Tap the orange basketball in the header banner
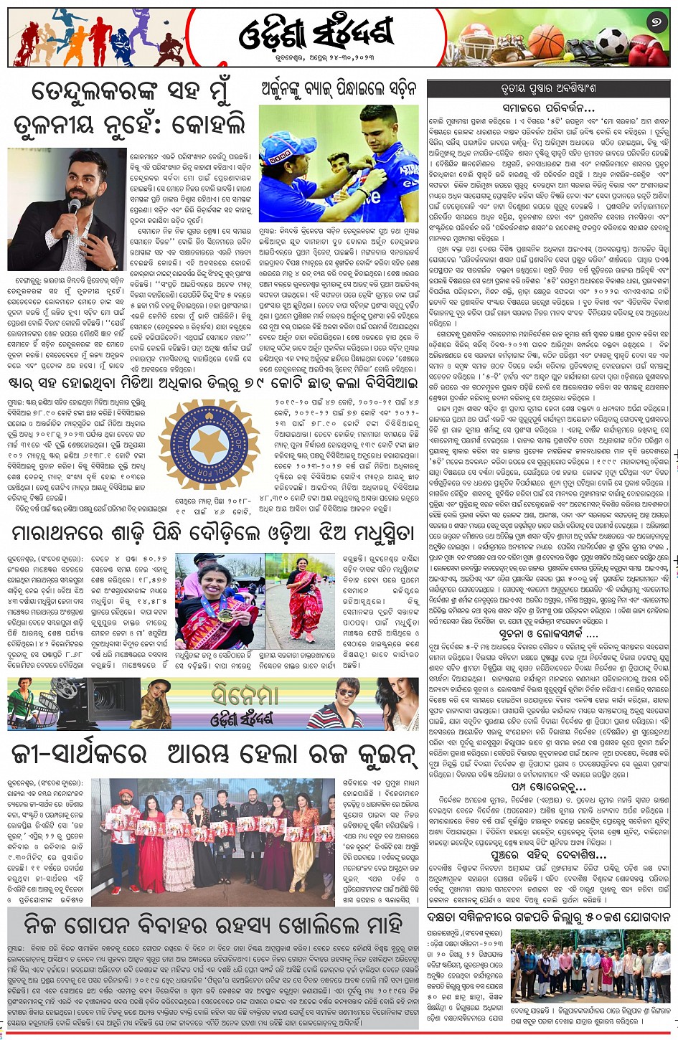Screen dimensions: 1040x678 (547, 42)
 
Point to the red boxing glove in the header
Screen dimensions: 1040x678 (649, 50)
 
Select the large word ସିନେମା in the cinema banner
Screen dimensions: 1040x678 (244, 694)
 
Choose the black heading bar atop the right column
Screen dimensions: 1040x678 (550, 89)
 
